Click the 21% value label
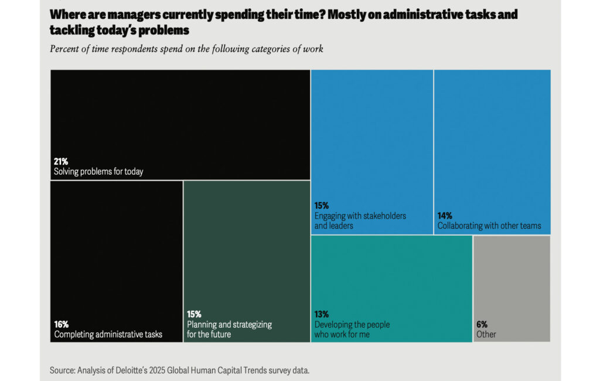[x=61, y=162]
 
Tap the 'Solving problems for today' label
[x=98, y=172]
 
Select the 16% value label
[x=61, y=324]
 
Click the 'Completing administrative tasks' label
[x=108, y=335]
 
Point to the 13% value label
[x=322, y=314]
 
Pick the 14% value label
[x=445, y=216]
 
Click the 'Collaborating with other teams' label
[x=489, y=226]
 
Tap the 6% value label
[x=482, y=324]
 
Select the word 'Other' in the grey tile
[x=486, y=335]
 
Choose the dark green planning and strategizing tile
[x=247, y=246]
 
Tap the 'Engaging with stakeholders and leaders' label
[x=360, y=220]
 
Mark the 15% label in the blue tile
[x=322, y=206]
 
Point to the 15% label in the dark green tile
[x=194, y=314]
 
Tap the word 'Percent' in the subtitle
[x=65, y=49]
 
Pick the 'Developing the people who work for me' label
[x=352, y=329]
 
